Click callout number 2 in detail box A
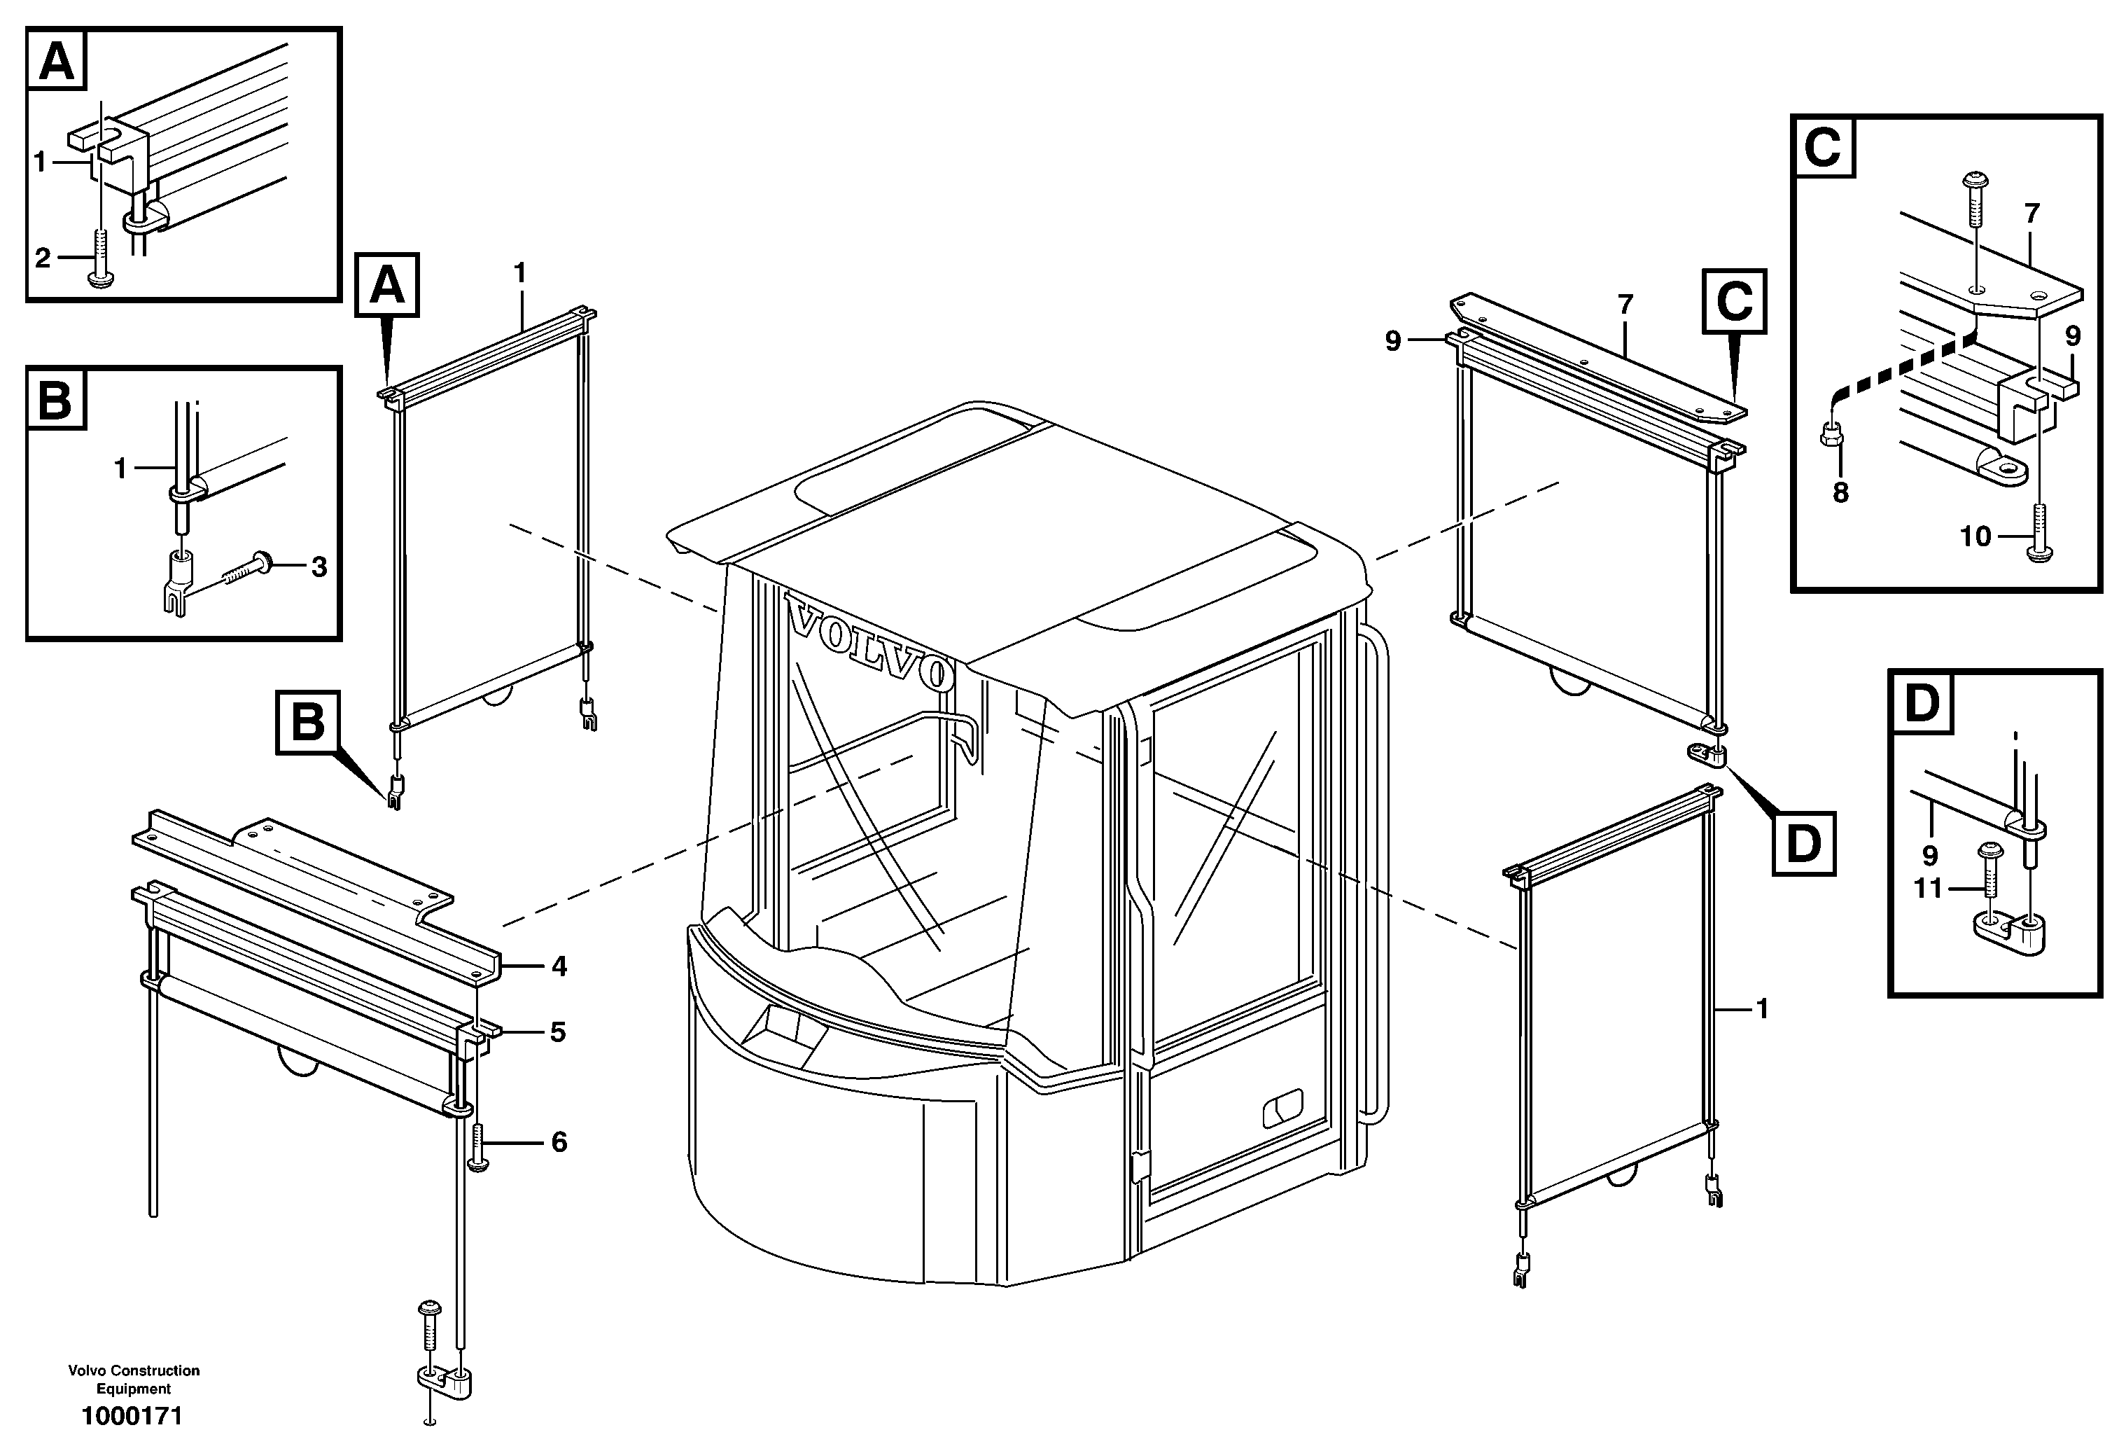coord(42,258)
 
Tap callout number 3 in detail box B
coord(319,567)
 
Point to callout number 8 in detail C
coord(1840,493)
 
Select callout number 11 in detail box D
coord(1926,889)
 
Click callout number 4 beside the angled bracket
coord(559,966)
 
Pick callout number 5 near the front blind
coord(558,1032)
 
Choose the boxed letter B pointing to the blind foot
coord(307,723)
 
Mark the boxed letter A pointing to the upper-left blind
coord(387,286)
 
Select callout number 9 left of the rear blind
coord(1393,341)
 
